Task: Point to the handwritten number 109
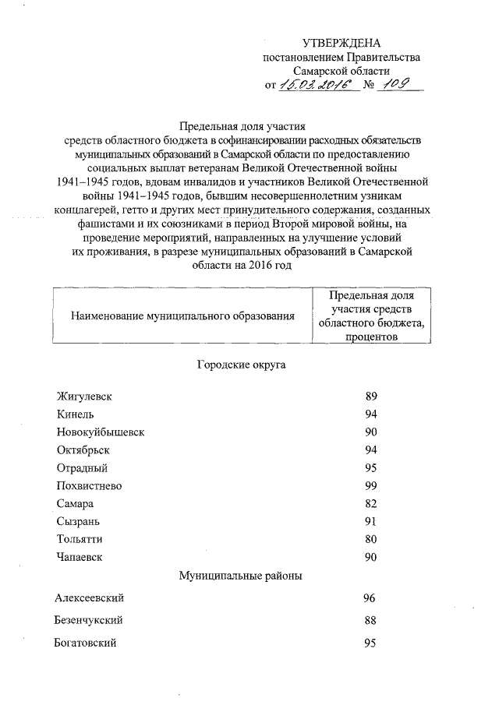[x=395, y=84]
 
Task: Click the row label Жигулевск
[x=84, y=397]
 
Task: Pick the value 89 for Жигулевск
[x=371, y=397]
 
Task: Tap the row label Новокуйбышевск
[x=101, y=432]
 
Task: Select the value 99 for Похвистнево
[x=371, y=486]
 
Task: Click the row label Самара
[x=76, y=504]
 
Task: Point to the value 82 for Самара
[x=371, y=504]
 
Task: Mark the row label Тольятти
[x=80, y=539]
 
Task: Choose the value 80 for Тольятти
[x=371, y=539]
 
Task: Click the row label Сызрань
[x=78, y=521]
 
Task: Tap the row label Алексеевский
[x=90, y=598]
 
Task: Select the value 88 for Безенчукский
[x=370, y=620]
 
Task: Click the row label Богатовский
[x=86, y=643]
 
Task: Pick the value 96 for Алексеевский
[x=370, y=598]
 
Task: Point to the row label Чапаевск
[x=80, y=557]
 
